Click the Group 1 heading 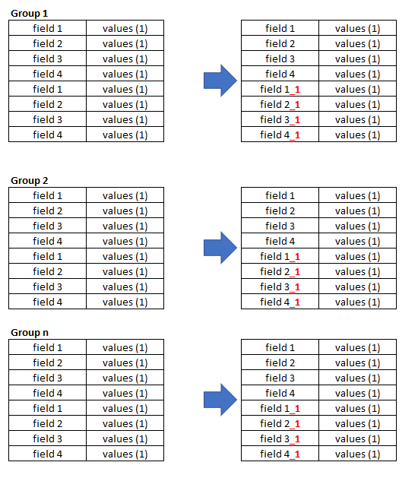30,14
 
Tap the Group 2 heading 30,180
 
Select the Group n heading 30,332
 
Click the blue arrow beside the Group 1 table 220,81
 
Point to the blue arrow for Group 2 220,248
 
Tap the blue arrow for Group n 220,400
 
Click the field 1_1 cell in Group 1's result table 280,90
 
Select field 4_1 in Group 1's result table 280,135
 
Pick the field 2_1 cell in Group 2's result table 280,271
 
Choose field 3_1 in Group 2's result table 280,286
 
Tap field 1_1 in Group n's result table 280,408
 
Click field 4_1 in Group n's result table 280,454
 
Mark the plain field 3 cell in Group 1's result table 280,59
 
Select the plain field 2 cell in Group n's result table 280,362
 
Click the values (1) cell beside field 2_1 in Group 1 357,105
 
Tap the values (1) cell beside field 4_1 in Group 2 357,302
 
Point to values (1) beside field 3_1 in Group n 357,438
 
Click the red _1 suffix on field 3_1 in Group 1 295,120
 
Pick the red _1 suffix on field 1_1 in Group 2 295,258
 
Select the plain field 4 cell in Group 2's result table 280,241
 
